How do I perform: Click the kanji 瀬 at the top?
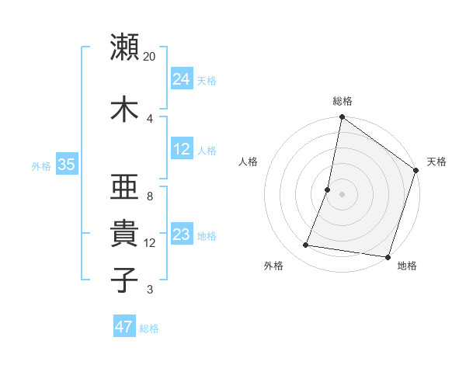[124, 47]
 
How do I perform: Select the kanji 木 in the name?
[124, 109]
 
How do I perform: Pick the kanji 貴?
[124, 234]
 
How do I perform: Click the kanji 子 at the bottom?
[124, 280]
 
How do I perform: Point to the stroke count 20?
[150, 56]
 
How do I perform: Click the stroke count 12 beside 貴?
[150, 243]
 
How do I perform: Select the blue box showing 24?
[182, 78]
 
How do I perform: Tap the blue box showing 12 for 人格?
[182, 149]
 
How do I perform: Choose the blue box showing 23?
[182, 235]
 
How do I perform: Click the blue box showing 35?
[66, 165]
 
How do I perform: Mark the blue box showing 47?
[124, 327]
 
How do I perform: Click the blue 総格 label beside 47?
[149, 328]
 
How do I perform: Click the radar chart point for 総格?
[342, 118]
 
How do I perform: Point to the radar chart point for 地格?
[388, 257]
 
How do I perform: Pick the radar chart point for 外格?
[306, 245]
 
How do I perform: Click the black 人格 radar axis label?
[249, 162]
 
